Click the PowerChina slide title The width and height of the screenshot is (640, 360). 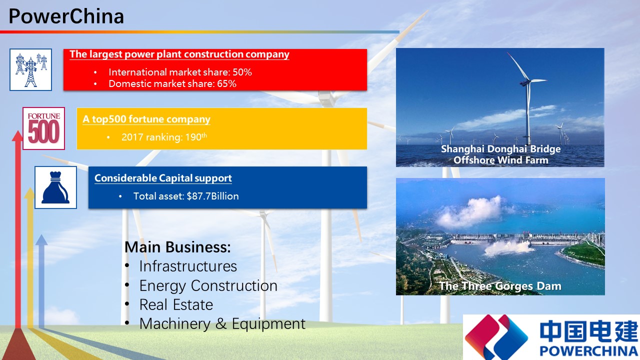tap(66, 16)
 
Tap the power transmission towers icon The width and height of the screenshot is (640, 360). tap(30, 69)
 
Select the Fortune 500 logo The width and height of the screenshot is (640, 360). tap(43, 128)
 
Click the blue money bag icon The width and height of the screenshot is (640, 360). tap(55, 187)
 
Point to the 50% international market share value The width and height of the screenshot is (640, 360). tap(242, 72)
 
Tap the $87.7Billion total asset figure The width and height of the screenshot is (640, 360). tap(212, 196)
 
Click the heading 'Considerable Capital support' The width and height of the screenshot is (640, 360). tap(163, 178)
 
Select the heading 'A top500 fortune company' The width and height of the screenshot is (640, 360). tap(146, 119)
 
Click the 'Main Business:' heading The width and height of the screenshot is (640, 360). tap(177, 247)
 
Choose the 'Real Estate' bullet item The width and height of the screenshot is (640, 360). tap(176, 304)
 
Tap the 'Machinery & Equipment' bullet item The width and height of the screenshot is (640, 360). tap(222, 323)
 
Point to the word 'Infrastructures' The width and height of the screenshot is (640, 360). tap(188, 266)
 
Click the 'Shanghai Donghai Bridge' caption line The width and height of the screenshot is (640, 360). tap(500, 149)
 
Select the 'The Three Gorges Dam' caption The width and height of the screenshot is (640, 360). tap(500, 286)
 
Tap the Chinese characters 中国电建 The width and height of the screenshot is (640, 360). tap(588, 331)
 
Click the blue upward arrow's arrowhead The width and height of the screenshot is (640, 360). tap(41, 239)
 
